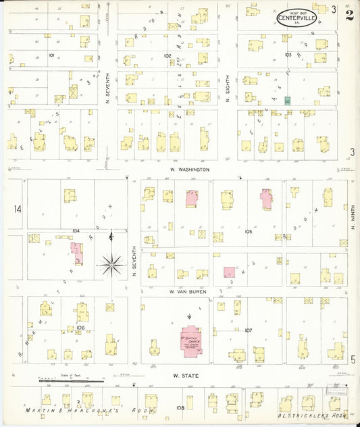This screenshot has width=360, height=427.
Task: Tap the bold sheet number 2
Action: pyautogui.click(x=349, y=15)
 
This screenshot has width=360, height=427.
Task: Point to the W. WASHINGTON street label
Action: pyautogui.click(x=189, y=170)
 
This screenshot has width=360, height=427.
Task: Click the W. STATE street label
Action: pyautogui.click(x=184, y=375)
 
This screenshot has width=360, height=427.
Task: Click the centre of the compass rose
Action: pyautogui.click(x=111, y=263)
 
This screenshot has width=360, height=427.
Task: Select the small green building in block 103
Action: pyautogui.click(x=287, y=100)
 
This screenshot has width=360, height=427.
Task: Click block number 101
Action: pyautogui.click(x=51, y=55)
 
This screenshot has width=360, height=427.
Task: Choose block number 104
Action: pyautogui.click(x=76, y=230)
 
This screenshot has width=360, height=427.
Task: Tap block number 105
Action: pyautogui.click(x=249, y=231)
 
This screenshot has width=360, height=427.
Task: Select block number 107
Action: pyautogui.click(x=248, y=330)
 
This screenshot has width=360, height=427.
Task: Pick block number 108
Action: pyautogui.click(x=180, y=407)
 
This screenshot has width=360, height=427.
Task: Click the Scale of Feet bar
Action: pyautogui.click(x=71, y=382)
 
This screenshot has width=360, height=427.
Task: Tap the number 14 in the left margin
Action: pyautogui.click(x=17, y=209)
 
